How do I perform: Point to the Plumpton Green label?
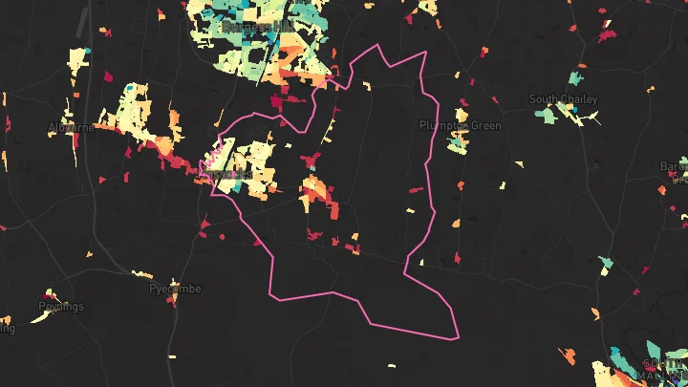[461, 125]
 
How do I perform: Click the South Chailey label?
[564, 98]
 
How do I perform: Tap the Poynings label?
[61, 307]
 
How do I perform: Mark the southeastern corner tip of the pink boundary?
[458, 337]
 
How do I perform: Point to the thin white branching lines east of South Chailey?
[592, 118]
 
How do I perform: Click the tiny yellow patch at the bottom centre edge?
[392, 366]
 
